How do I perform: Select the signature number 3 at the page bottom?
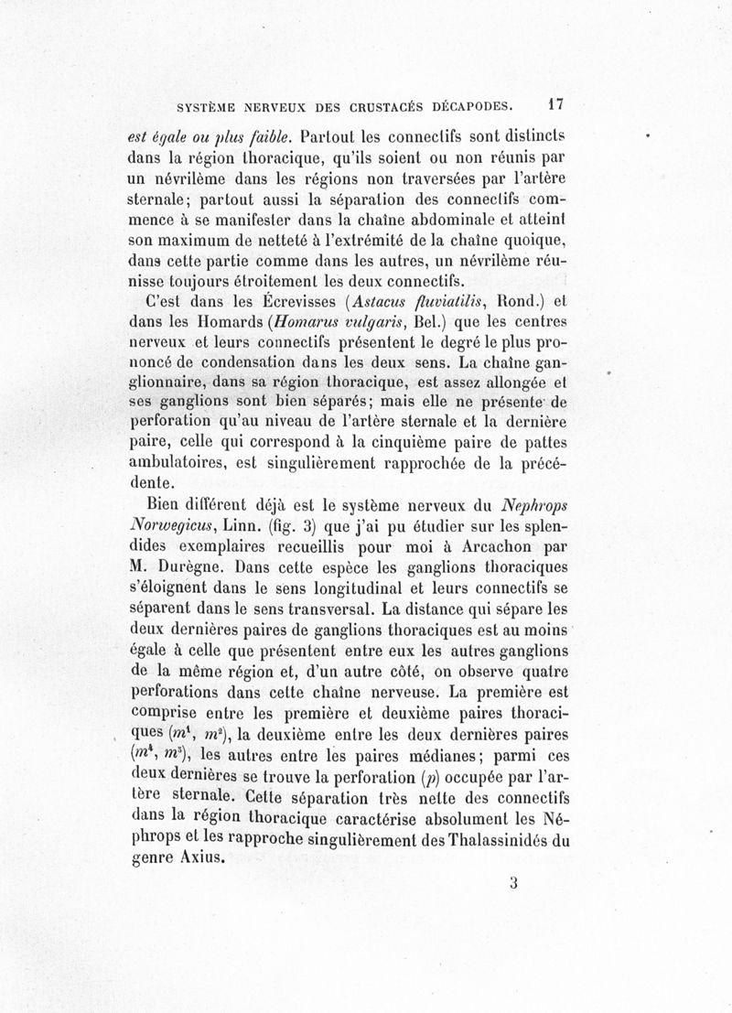point(515,883)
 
